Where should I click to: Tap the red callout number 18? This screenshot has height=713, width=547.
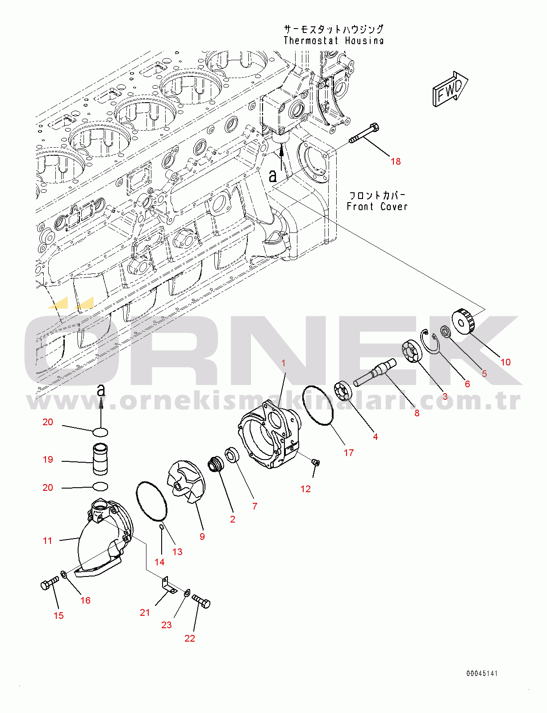click(x=395, y=162)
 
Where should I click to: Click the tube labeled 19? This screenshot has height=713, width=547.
click(x=100, y=460)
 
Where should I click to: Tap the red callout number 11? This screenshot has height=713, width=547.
click(x=47, y=541)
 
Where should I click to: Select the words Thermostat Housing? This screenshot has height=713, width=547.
click(x=334, y=41)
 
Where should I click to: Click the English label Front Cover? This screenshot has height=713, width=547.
click(x=377, y=207)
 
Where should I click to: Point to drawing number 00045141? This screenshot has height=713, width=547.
click(x=482, y=674)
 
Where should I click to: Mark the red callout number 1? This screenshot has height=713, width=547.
click(x=284, y=363)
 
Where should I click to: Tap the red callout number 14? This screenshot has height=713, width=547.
click(x=159, y=562)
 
